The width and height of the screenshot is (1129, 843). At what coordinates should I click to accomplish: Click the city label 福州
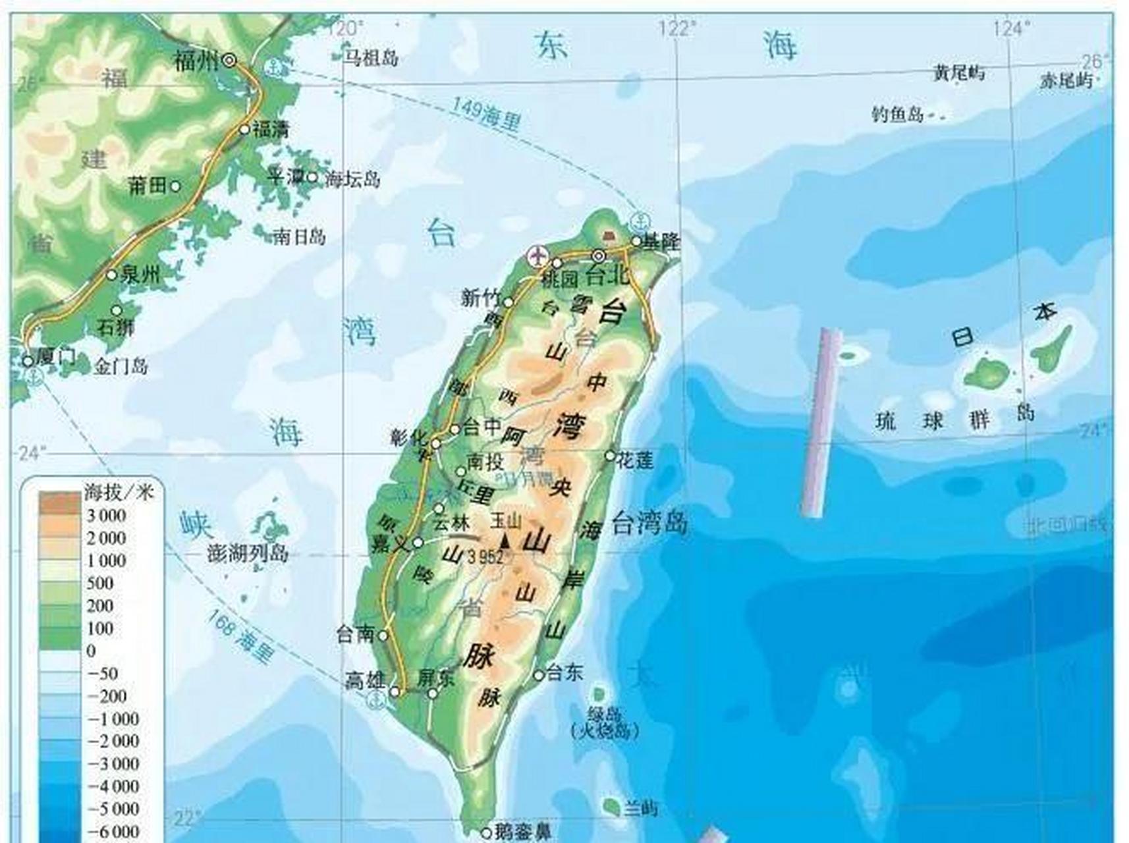click(196, 61)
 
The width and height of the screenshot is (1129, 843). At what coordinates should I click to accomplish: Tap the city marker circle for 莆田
click(175, 186)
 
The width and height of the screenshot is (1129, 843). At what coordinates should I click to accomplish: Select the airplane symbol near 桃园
click(537, 255)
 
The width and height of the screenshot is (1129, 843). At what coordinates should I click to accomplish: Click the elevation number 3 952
click(485, 557)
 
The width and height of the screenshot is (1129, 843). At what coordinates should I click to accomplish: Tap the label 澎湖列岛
click(248, 553)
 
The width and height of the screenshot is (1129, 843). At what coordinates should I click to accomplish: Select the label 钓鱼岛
click(897, 115)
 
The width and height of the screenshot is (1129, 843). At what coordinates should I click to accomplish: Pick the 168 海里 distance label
click(240, 636)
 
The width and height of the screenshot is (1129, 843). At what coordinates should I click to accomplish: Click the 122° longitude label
click(677, 28)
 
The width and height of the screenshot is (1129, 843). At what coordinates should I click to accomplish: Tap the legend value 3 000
click(106, 516)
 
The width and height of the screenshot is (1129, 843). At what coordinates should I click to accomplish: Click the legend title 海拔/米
click(118, 492)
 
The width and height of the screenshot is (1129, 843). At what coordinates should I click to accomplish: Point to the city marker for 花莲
click(610, 456)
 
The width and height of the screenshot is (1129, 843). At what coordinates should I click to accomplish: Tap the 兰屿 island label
click(641, 808)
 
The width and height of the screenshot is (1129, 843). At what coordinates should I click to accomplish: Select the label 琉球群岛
click(955, 418)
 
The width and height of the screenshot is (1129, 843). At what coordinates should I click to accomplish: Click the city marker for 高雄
click(395, 692)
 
